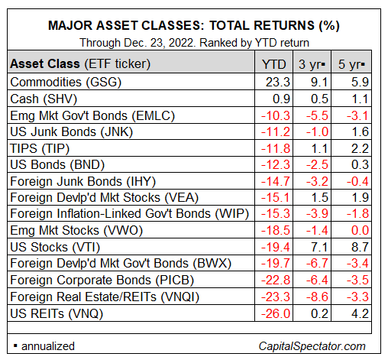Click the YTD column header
click(274, 64)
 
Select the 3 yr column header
click(312, 64)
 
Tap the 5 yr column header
click(351, 64)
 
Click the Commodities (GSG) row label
click(66, 83)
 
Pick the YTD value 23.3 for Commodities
click(278, 83)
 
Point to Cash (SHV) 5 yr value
click(360, 99)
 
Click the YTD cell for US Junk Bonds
click(276, 132)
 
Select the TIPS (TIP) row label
click(40, 148)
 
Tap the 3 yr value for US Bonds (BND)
click(317, 165)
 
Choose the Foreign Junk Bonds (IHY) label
click(83, 182)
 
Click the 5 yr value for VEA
click(360, 198)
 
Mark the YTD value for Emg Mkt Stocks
click(276, 231)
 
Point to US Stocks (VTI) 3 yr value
click(319, 248)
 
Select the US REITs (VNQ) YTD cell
click(276, 313)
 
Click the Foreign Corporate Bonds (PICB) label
click(102, 281)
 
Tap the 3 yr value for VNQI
click(317, 297)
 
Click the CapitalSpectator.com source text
click(312, 346)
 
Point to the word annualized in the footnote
click(48, 346)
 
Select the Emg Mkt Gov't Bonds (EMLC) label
click(92, 116)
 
